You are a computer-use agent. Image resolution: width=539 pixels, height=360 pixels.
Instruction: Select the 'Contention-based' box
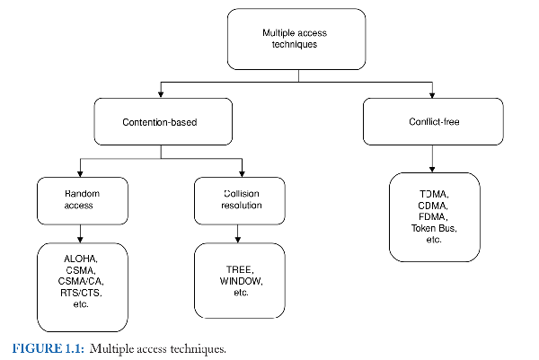coord(161,121)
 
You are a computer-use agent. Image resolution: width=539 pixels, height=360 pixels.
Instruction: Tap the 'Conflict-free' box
coord(434,121)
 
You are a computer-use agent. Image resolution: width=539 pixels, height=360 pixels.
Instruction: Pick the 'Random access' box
coord(81,199)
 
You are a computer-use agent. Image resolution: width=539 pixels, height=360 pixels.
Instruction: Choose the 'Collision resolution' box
coord(240,199)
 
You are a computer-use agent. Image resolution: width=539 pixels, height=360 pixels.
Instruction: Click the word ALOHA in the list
coord(81,259)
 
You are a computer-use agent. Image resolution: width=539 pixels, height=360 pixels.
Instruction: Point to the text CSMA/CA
coord(81,281)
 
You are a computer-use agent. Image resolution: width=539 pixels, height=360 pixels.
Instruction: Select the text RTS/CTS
coord(81,293)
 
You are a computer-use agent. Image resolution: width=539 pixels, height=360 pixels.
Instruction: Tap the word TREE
coord(240,270)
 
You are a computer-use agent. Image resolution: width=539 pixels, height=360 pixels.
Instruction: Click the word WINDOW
coord(240,282)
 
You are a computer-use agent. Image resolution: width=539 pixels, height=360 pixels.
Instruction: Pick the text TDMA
coord(435,194)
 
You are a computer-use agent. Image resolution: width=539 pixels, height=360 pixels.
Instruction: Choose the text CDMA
coord(435,206)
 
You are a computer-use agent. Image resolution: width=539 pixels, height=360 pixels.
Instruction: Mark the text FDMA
coord(435,216)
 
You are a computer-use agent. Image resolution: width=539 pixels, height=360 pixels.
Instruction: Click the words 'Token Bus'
coord(435,228)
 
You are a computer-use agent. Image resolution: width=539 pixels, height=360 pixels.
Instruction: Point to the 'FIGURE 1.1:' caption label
coord(45,348)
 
